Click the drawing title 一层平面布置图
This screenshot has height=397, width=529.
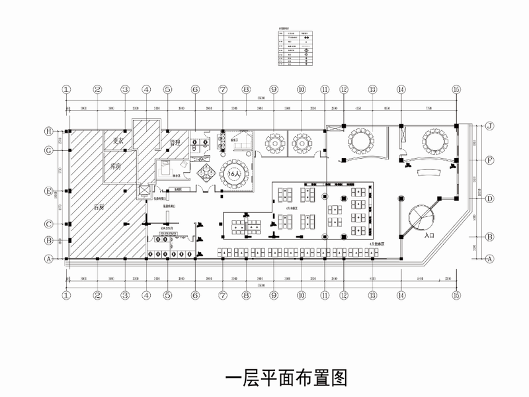(286, 378)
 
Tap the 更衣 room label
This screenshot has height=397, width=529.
(118, 140)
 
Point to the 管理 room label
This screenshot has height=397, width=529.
(175, 142)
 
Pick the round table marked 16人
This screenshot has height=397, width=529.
(233, 173)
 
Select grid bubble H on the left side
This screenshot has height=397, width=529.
(48, 131)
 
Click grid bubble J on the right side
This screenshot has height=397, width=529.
(490, 125)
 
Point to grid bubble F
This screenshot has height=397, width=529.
(490, 160)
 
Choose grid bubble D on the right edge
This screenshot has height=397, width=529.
(490, 198)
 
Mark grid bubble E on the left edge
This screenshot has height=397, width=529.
(48, 192)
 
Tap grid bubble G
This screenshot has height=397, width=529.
(48, 150)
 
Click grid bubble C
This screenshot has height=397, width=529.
(48, 223)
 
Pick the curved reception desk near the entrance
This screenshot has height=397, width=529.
(430, 173)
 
